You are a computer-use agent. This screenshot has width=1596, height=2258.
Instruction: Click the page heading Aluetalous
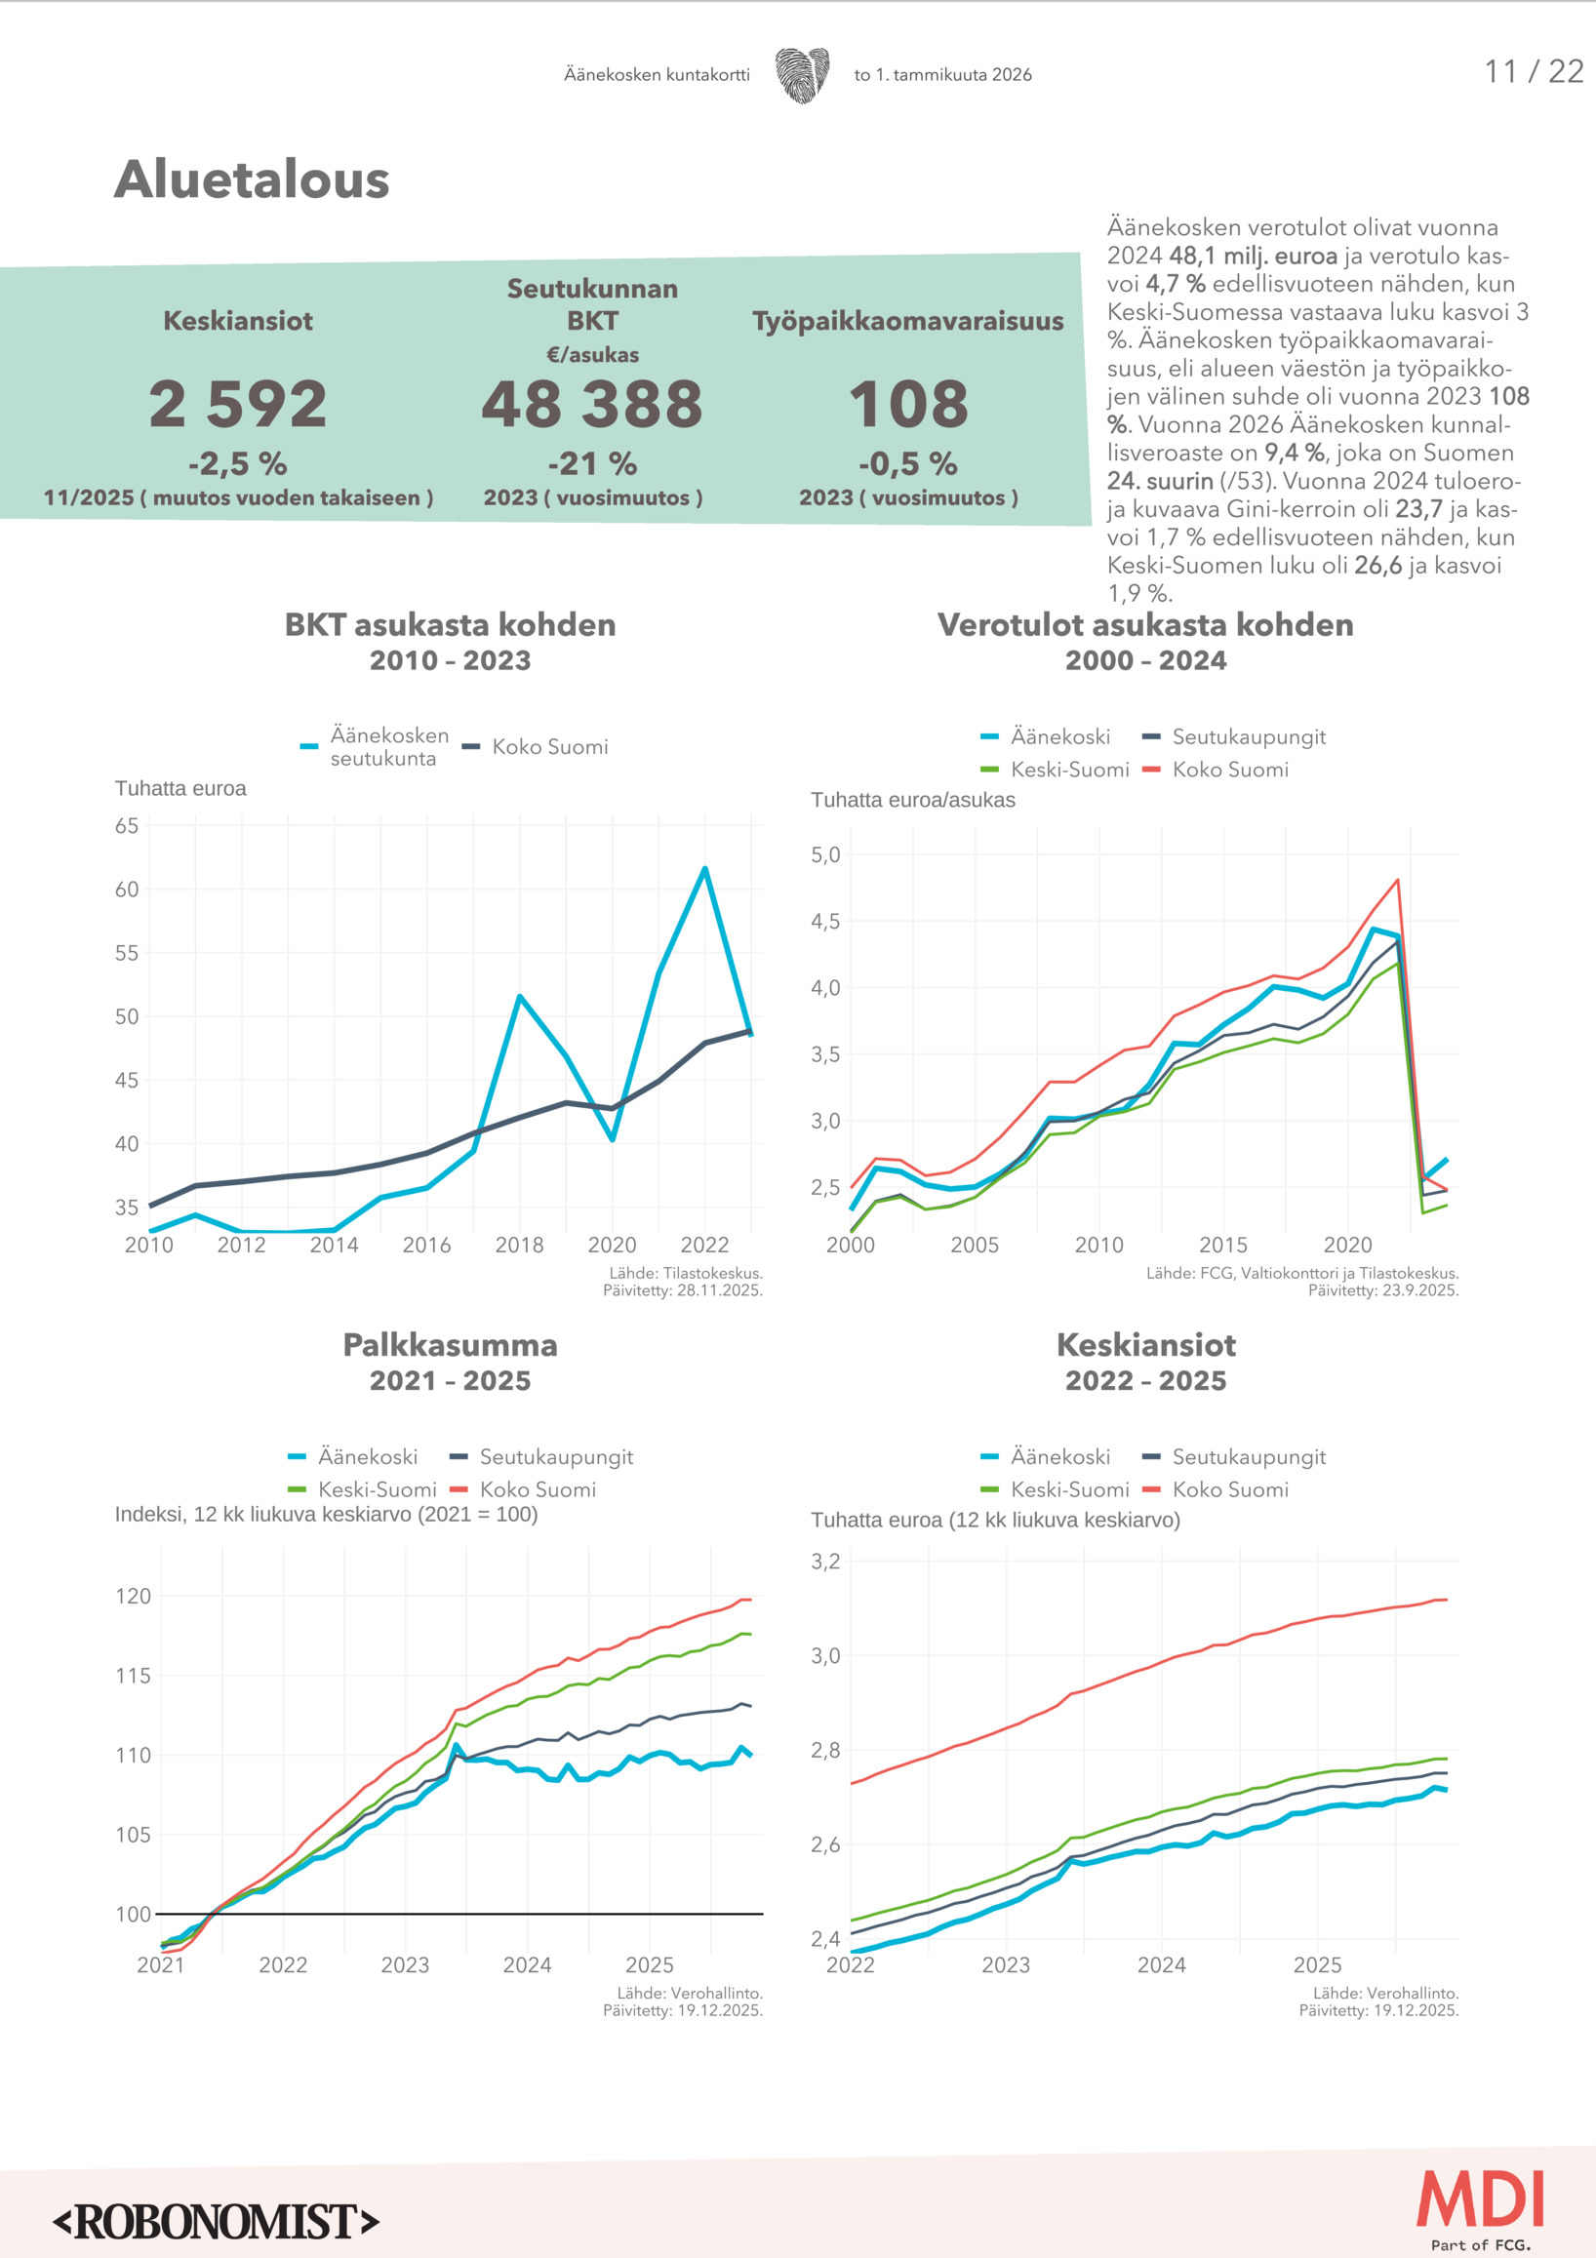252,180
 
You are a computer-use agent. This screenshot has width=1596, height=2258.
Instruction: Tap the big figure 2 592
238,404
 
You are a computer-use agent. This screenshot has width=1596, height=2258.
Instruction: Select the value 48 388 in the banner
592,404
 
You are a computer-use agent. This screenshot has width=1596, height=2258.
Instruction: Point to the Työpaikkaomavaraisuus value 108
908,404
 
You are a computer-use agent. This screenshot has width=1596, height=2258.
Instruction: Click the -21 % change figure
592,463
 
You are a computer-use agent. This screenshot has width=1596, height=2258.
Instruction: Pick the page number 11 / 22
1533,72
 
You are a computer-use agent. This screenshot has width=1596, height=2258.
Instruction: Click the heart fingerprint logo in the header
802,75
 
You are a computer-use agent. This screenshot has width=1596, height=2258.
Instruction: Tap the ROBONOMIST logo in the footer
217,2222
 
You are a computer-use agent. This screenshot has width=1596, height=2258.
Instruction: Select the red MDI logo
1480,2199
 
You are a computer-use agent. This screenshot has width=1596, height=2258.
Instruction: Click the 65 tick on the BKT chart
127,826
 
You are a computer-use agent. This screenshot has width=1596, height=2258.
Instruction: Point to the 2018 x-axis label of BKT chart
519,1245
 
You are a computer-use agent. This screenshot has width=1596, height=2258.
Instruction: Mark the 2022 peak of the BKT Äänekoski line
705,869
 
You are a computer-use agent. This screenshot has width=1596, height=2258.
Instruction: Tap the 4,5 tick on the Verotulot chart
825,922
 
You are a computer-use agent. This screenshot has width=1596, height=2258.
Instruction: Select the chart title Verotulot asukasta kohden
1145,625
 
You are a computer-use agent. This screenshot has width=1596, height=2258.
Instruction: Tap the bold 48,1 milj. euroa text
1253,257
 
